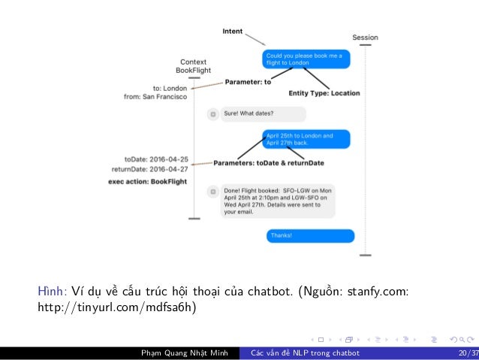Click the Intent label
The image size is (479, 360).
point(232,31)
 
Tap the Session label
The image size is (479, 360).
point(365,38)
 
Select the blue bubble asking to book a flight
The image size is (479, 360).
point(306,59)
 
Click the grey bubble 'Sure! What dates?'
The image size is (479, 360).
point(257,114)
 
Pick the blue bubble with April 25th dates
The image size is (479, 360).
point(307,139)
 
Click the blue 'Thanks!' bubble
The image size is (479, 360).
point(310,235)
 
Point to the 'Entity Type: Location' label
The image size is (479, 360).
point(324,93)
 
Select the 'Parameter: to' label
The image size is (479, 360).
point(249,82)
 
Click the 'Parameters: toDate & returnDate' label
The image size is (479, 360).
point(269,163)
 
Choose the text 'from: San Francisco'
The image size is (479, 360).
point(156,96)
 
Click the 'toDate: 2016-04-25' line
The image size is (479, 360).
point(156,159)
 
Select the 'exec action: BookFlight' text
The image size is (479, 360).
point(146,181)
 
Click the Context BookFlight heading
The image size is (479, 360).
point(194,65)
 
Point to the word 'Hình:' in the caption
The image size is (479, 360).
point(53,292)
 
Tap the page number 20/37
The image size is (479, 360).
point(465,353)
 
